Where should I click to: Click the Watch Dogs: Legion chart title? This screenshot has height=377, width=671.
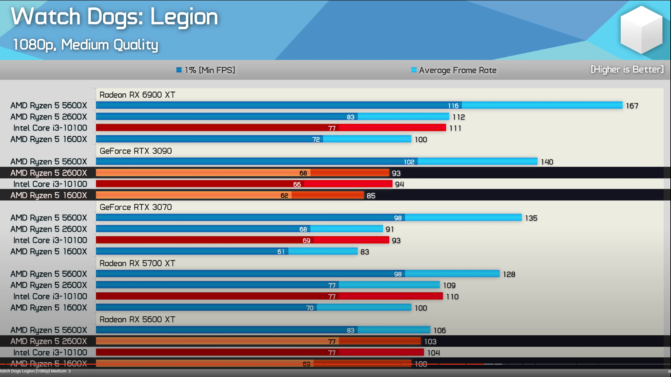coord(114,17)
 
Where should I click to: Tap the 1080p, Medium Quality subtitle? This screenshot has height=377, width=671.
coord(86,45)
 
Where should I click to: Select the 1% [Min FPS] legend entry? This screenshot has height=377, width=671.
coord(206,70)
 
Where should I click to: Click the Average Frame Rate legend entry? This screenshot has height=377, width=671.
coord(454,70)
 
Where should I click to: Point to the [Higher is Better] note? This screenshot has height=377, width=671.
coord(627,69)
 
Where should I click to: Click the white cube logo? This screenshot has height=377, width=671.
coord(641,30)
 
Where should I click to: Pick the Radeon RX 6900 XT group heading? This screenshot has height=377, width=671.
coord(137,95)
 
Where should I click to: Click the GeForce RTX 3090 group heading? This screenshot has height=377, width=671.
coord(136,151)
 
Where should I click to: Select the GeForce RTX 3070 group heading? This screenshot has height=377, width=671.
coord(136,207)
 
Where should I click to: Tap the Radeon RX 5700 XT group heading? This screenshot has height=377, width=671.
coord(137,263)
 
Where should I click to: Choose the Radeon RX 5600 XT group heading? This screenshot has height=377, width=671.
coord(137,319)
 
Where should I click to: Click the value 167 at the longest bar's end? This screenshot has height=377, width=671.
coord(632,106)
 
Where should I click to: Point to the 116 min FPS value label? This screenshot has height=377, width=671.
coord(453,106)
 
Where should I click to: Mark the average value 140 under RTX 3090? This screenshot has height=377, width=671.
coord(547,162)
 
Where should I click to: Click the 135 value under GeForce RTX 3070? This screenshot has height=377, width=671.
coord(531,218)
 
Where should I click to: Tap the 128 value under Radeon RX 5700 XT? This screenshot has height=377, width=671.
coord(509,274)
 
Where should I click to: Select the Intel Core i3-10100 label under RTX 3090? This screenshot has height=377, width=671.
coord(50,184)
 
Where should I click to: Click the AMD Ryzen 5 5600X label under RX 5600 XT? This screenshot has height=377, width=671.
coord(49,330)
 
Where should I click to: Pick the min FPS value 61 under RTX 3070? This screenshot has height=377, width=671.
coord(281,252)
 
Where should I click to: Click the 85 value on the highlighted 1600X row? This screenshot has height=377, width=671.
coord(371,196)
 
